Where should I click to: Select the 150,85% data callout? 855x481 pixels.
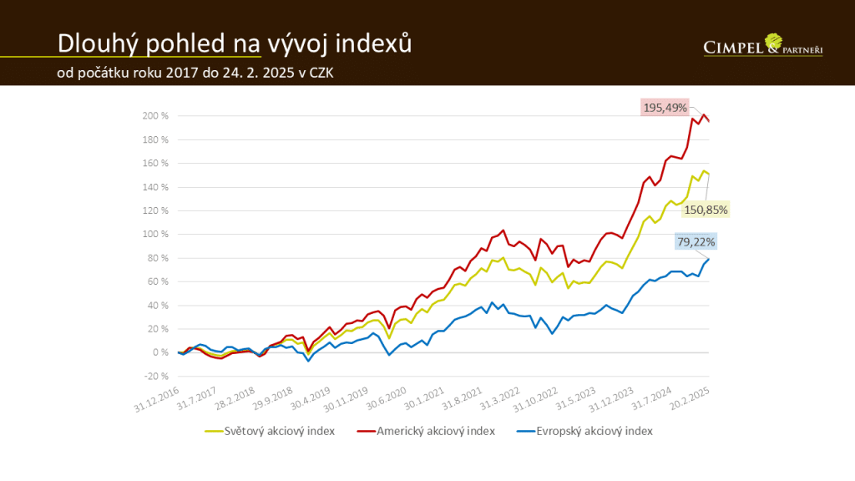706,209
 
